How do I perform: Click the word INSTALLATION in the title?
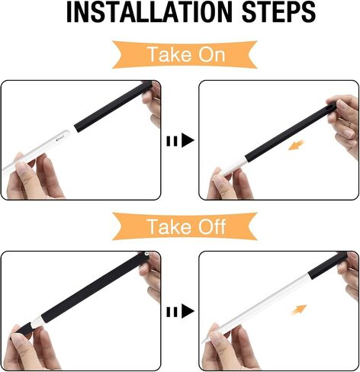click(x=149, y=12)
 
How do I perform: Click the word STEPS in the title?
click(x=278, y=12)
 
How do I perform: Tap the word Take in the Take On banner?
click(x=169, y=54)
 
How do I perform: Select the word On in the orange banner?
click(x=212, y=54)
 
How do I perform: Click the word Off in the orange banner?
click(x=212, y=226)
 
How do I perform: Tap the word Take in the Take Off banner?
click(x=169, y=226)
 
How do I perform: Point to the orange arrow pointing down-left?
click(x=296, y=145)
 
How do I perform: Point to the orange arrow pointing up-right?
click(x=299, y=309)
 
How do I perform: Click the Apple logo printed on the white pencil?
click(x=57, y=139)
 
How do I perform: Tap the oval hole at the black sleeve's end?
click(x=331, y=106)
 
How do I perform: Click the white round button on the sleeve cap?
click(x=146, y=254)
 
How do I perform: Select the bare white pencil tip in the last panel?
click(x=207, y=339)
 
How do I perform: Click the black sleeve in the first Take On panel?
click(x=113, y=107)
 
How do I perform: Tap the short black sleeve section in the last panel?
click(x=327, y=265)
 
